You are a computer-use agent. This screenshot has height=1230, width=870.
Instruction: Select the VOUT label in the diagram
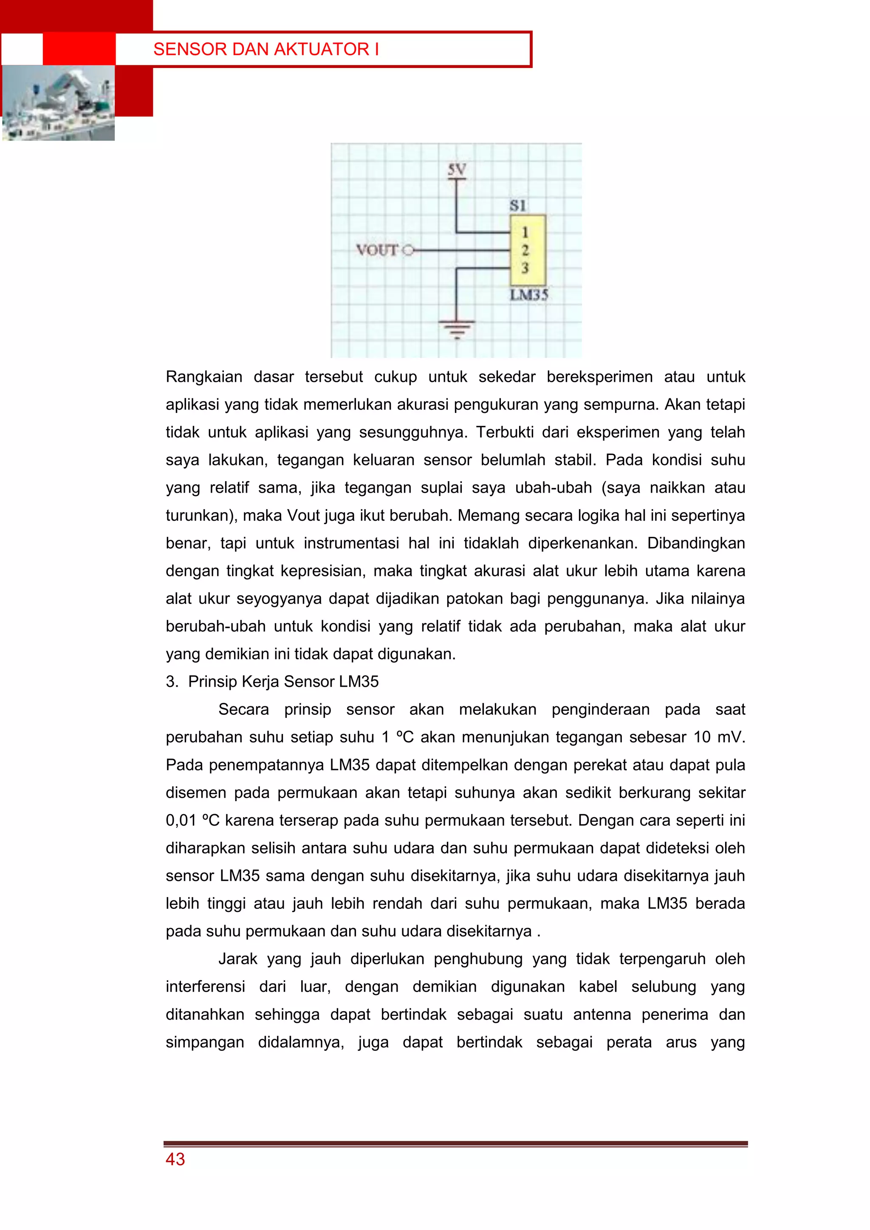click(377, 250)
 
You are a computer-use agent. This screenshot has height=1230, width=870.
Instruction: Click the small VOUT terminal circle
click(408, 250)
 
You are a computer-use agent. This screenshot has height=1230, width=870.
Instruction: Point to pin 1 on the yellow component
click(525, 232)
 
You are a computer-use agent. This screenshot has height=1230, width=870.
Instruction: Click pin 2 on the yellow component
click(525, 250)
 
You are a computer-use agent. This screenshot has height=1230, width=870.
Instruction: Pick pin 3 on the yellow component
click(525, 268)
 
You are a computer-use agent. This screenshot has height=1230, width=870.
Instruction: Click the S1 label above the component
click(517, 206)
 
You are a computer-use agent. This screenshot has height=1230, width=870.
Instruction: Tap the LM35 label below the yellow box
click(529, 295)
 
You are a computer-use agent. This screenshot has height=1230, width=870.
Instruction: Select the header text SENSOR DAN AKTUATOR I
click(266, 49)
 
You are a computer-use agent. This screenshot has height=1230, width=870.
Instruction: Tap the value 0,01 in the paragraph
click(181, 820)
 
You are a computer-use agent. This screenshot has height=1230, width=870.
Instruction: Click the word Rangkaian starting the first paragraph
click(203, 377)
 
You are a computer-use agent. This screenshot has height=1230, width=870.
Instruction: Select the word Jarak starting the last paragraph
click(238, 959)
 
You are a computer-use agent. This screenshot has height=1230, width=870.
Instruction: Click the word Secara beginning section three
click(243, 709)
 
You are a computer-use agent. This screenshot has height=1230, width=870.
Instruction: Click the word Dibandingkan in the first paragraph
click(695, 543)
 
